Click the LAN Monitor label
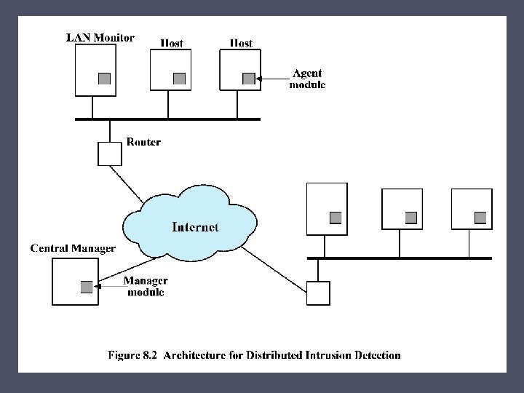coord(100,37)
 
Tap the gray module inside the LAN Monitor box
coord(104,79)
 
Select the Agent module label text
coord(307,79)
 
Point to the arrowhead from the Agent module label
coord(258,79)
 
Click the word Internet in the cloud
coord(195,227)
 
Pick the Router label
coord(143,142)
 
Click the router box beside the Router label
coord(110,154)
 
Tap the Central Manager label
coord(73,248)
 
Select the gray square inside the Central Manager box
coord(87,287)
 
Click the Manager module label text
coord(146,287)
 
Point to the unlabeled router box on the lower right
coord(318,293)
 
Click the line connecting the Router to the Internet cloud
coord(127,184)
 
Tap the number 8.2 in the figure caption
coord(150,355)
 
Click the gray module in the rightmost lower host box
coord(480,218)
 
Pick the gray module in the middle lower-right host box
coord(411,218)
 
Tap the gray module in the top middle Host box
coord(179,79)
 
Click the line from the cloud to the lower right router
coord(274,270)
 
